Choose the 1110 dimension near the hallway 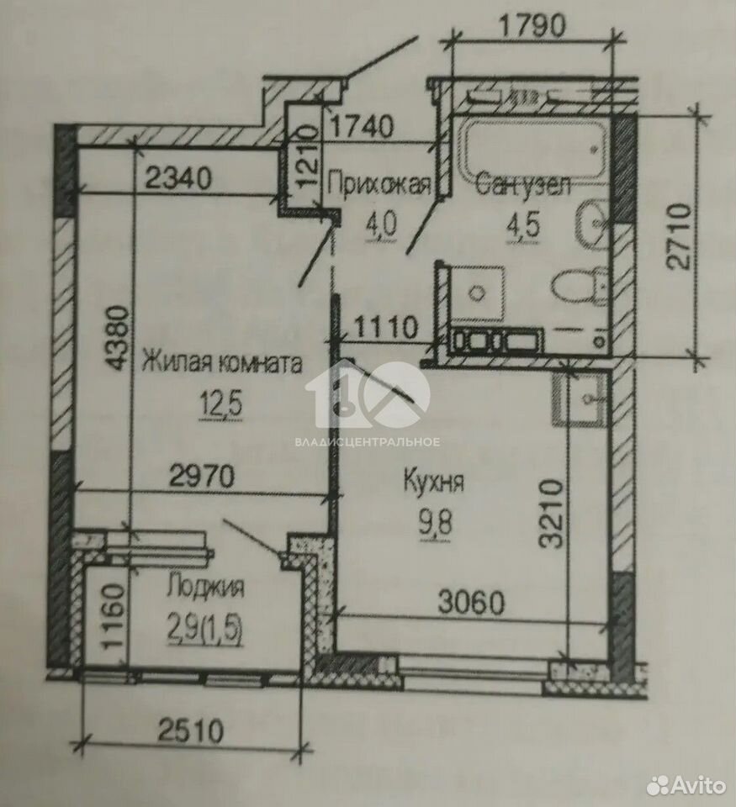tap(384, 327)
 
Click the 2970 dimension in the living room tap(201, 477)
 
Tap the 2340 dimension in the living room tap(178, 178)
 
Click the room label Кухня tap(434, 482)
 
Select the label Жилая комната tap(222, 363)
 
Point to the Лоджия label tap(206, 588)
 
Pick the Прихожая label tap(379, 184)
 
